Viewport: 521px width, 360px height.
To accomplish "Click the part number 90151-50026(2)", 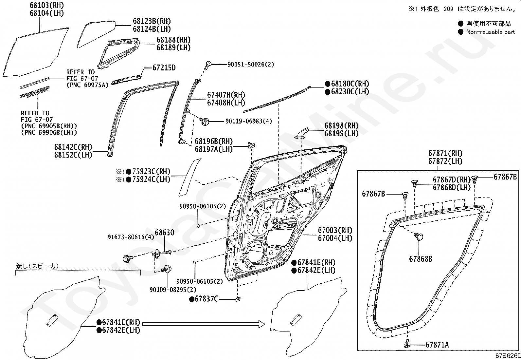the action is (x=250, y=64).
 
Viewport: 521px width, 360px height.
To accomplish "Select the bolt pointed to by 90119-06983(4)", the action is (x=204, y=122).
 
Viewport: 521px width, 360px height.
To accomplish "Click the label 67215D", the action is (x=164, y=68).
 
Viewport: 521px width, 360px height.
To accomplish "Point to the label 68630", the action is (x=164, y=232).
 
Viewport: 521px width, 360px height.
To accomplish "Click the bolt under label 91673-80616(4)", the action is (x=128, y=258).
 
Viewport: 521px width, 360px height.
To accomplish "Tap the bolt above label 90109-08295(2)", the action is (x=167, y=269).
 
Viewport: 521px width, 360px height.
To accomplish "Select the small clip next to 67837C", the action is (x=238, y=299).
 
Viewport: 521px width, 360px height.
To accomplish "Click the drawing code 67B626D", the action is (x=508, y=356).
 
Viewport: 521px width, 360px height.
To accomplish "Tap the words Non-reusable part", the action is (x=491, y=32).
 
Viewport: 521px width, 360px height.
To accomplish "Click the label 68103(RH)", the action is (x=47, y=5).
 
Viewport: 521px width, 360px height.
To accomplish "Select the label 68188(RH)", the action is (x=173, y=40).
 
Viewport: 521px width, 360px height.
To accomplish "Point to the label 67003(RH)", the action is (x=335, y=230).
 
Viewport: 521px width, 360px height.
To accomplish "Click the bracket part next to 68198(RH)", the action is (x=301, y=133).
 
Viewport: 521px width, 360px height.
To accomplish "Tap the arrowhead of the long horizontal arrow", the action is (x=262, y=324).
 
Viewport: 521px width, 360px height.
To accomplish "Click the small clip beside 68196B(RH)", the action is (x=251, y=145).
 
